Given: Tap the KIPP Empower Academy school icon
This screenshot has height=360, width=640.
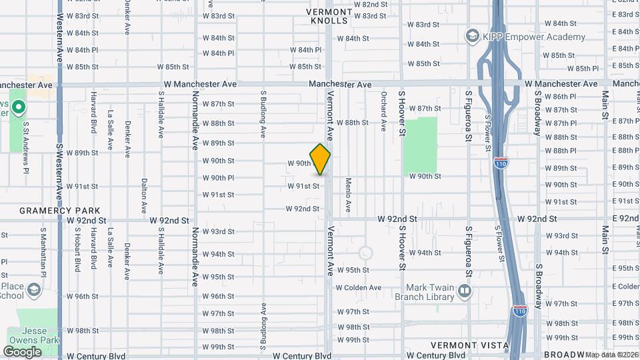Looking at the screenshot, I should click(x=473, y=36).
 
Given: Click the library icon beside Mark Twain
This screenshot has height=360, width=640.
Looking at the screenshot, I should click(x=465, y=291).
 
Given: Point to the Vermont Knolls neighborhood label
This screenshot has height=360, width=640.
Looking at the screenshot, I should click(x=329, y=16).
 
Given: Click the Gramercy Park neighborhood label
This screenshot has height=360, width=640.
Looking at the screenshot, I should click(x=50, y=210).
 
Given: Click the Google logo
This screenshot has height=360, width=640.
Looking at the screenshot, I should click(x=22, y=351).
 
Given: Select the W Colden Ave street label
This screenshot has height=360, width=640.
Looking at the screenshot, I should click(x=359, y=287).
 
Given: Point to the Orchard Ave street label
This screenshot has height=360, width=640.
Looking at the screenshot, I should click(x=384, y=111).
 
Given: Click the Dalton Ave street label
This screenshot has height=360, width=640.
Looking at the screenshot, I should click(x=144, y=190).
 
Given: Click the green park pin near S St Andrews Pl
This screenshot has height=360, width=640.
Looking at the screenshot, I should click(x=18, y=107).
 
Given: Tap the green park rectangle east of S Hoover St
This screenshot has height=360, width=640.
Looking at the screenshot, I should click(x=420, y=145).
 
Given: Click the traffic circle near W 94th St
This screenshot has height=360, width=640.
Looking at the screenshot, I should click(x=365, y=253).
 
